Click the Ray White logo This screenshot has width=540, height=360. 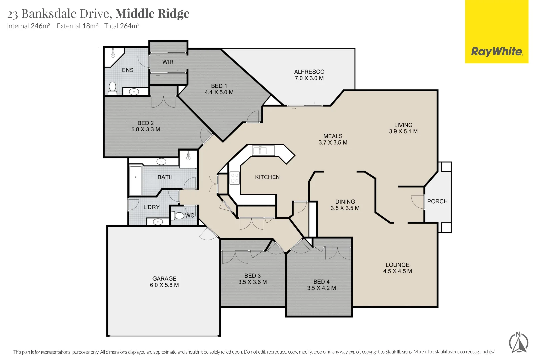pyautogui.click(x=496, y=32)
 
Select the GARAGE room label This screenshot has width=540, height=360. pyautogui.click(x=164, y=278)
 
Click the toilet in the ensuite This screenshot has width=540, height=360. pyautogui.click(x=112, y=88)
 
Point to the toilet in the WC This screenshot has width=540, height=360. pyautogui.click(x=177, y=215)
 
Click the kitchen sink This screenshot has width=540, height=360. pyautogui.click(x=263, y=150)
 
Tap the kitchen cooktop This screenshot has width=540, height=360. pyautogui.click(x=235, y=178)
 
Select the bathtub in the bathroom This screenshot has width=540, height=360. pyautogui.click(x=136, y=180)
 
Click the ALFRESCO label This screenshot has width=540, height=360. pyautogui.click(x=309, y=72)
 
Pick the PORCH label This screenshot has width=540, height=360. pyautogui.click(x=437, y=201)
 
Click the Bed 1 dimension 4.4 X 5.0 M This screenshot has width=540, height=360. pyautogui.click(x=219, y=92)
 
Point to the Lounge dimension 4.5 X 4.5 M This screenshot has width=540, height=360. pyautogui.click(x=398, y=271)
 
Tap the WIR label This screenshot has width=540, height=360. pyautogui.click(x=168, y=62)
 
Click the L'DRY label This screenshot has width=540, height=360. pyautogui.click(x=151, y=207)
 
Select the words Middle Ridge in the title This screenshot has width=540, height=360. pyautogui.click(x=152, y=14)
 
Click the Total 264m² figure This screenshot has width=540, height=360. pyautogui.click(x=122, y=26)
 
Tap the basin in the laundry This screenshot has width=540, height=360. pyautogui.click(x=158, y=222)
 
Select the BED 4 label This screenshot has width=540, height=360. pyautogui.click(x=321, y=282)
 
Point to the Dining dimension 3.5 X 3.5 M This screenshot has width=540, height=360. pyautogui.click(x=345, y=208)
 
